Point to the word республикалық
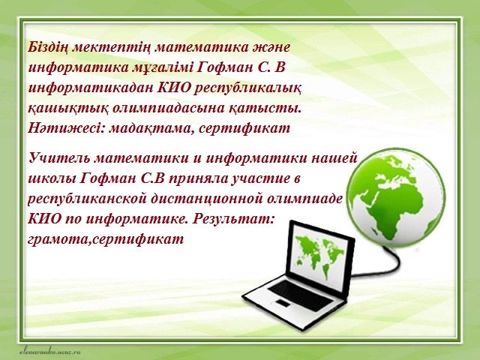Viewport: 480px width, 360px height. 248,88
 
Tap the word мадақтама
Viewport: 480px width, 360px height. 151,129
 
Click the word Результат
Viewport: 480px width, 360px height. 232,219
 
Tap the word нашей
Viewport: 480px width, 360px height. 335,158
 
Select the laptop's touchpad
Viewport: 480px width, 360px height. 283,302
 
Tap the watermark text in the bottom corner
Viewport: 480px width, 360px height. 49,352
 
